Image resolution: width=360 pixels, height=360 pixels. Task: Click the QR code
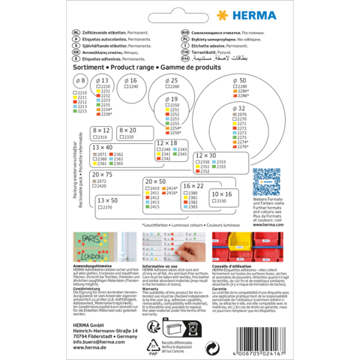[x=268, y=183]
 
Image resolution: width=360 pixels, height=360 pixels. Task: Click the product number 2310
[x=103, y=137]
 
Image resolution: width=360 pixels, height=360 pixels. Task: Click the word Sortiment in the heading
[x=88, y=66]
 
